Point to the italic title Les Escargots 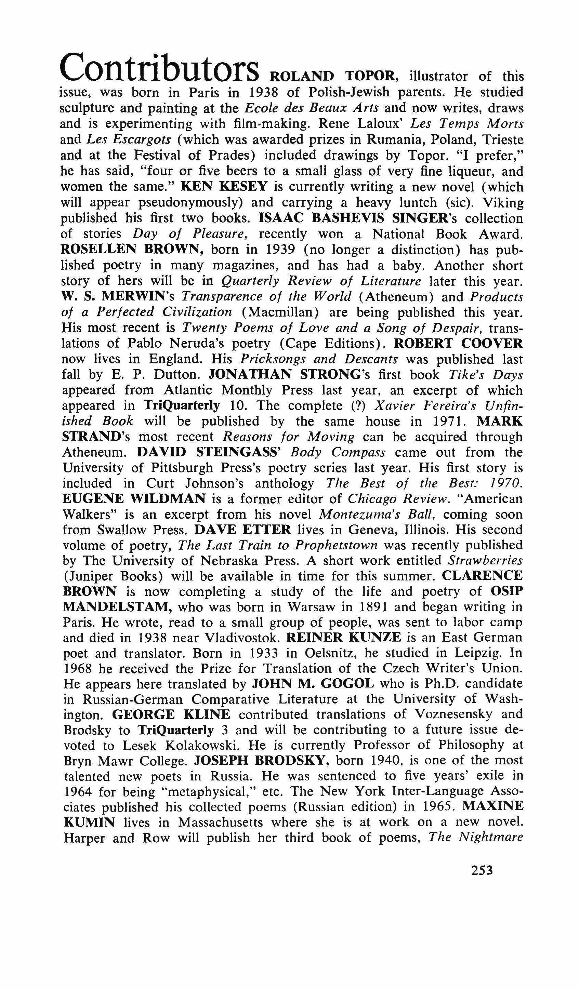pos(129,139)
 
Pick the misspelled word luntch pos(421,202)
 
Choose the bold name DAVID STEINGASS pos(208,452)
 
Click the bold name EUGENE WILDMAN pos(134,499)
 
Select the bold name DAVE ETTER pos(242,530)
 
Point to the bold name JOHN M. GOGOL pos(313,684)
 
